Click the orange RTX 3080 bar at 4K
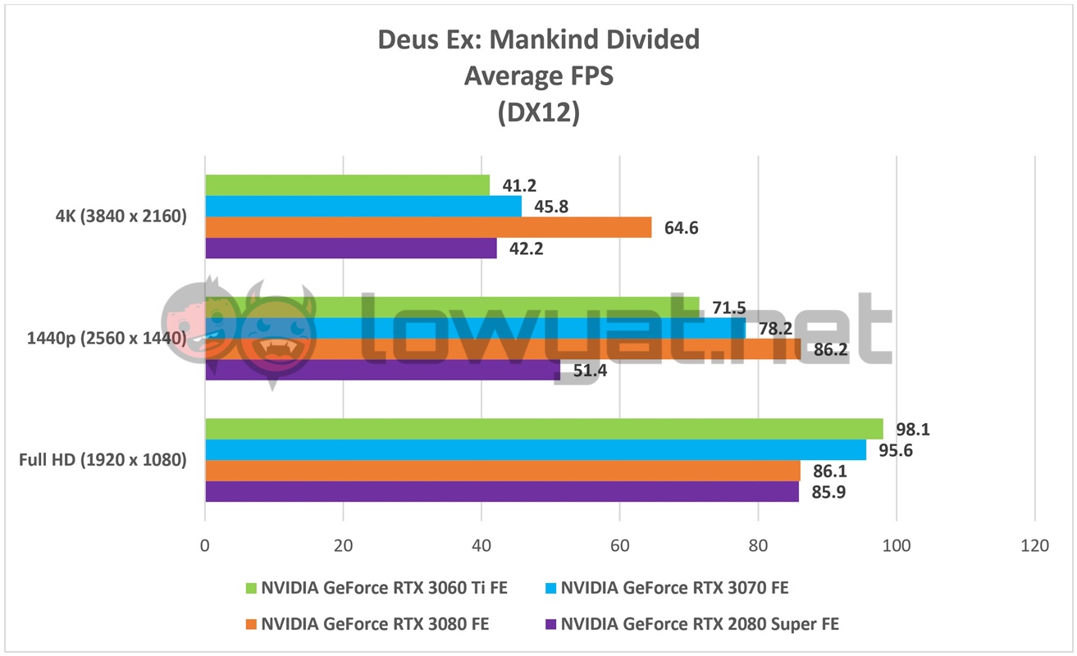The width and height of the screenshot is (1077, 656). tap(428, 227)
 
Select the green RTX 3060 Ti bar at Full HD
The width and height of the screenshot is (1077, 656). tap(544, 429)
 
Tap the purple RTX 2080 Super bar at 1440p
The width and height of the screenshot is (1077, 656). tap(382, 370)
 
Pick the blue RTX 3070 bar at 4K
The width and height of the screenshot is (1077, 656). tap(363, 207)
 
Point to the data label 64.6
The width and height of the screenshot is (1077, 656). tap(681, 228)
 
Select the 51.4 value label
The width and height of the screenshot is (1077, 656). tap(590, 371)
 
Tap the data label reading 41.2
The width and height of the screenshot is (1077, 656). tap(519, 186)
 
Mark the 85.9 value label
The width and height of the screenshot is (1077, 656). tap(828, 492)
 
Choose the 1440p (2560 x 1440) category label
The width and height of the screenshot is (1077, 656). tap(106, 338)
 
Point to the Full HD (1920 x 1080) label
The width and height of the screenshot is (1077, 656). tap(103, 460)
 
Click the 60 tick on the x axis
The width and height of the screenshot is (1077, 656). tap(620, 546)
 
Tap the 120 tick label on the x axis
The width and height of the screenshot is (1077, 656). tap(1034, 546)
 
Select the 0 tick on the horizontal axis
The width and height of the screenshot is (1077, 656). tap(205, 546)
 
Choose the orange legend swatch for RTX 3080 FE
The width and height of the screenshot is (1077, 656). tap(252, 624)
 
